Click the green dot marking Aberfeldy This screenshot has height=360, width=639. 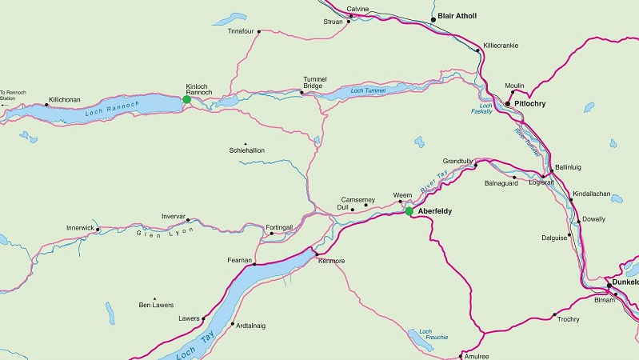coord(409,211)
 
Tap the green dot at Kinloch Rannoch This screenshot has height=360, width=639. coord(186,100)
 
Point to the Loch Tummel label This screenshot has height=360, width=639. coord(369,91)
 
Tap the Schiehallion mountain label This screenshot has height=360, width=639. coord(246,150)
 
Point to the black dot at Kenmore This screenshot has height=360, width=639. coord(317,254)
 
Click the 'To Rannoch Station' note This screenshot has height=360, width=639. coord(14,95)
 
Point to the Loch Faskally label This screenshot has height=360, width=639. coord(485,110)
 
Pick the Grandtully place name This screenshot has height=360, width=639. coord(458,162)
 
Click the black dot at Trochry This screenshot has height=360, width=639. coord(554,314)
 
